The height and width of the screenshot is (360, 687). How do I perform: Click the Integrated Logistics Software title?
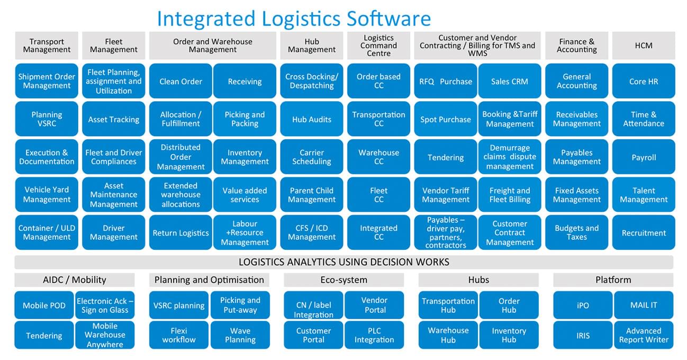point(294,19)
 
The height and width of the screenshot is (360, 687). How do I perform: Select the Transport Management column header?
point(47,46)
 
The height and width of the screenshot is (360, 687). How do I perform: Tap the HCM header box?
point(644,46)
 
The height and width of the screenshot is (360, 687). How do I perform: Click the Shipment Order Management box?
point(47,81)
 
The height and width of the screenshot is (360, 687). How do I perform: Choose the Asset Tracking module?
point(113,119)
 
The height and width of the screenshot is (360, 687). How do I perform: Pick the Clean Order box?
point(180,81)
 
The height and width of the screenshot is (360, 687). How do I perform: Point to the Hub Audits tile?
point(312,119)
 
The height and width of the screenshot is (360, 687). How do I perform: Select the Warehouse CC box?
point(378,157)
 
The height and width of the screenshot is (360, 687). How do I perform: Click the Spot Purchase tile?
point(445,119)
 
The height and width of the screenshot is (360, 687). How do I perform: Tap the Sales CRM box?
point(509,81)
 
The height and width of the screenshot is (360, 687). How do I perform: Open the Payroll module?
point(644,157)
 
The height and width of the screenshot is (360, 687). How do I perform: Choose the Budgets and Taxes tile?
point(576,232)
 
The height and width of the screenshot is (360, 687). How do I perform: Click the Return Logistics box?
point(180,232)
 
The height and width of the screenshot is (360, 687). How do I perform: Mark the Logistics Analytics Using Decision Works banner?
point(344,262)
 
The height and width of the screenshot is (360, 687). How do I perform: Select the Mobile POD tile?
point(44,305)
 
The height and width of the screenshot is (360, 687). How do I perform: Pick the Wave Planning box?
point(240,335)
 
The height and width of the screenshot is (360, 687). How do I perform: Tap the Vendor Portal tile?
point(374,305)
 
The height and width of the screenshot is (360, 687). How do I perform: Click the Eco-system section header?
point(344,280)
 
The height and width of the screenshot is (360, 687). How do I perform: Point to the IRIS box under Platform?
point(583,335)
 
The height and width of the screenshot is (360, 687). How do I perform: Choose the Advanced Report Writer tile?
point(644,335)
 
